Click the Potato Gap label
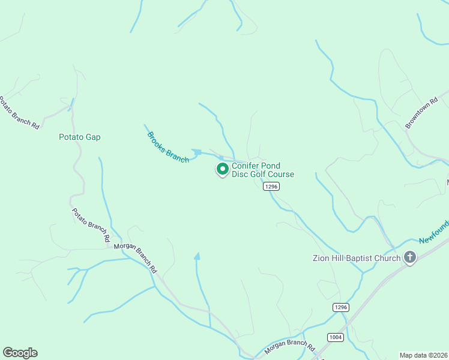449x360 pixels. pos(79,137)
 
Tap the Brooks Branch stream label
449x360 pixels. pos(168,147)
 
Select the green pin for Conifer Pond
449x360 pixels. pos(222,169)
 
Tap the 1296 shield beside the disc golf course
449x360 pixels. pos(271,187)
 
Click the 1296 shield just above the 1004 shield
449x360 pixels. pos(340,307)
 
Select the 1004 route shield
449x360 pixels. pos(336,337)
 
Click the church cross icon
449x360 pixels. pos(410,259)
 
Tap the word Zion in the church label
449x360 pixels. pos(322,259)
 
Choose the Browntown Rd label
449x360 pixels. pos(419,113)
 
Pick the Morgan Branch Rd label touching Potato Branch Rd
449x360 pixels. pos(135,253)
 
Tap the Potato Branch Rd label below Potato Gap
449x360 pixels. pos(91,225)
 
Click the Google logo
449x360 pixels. pos(20,353)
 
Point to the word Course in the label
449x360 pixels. pos(281,175)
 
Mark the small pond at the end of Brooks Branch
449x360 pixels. pos(197,152)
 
